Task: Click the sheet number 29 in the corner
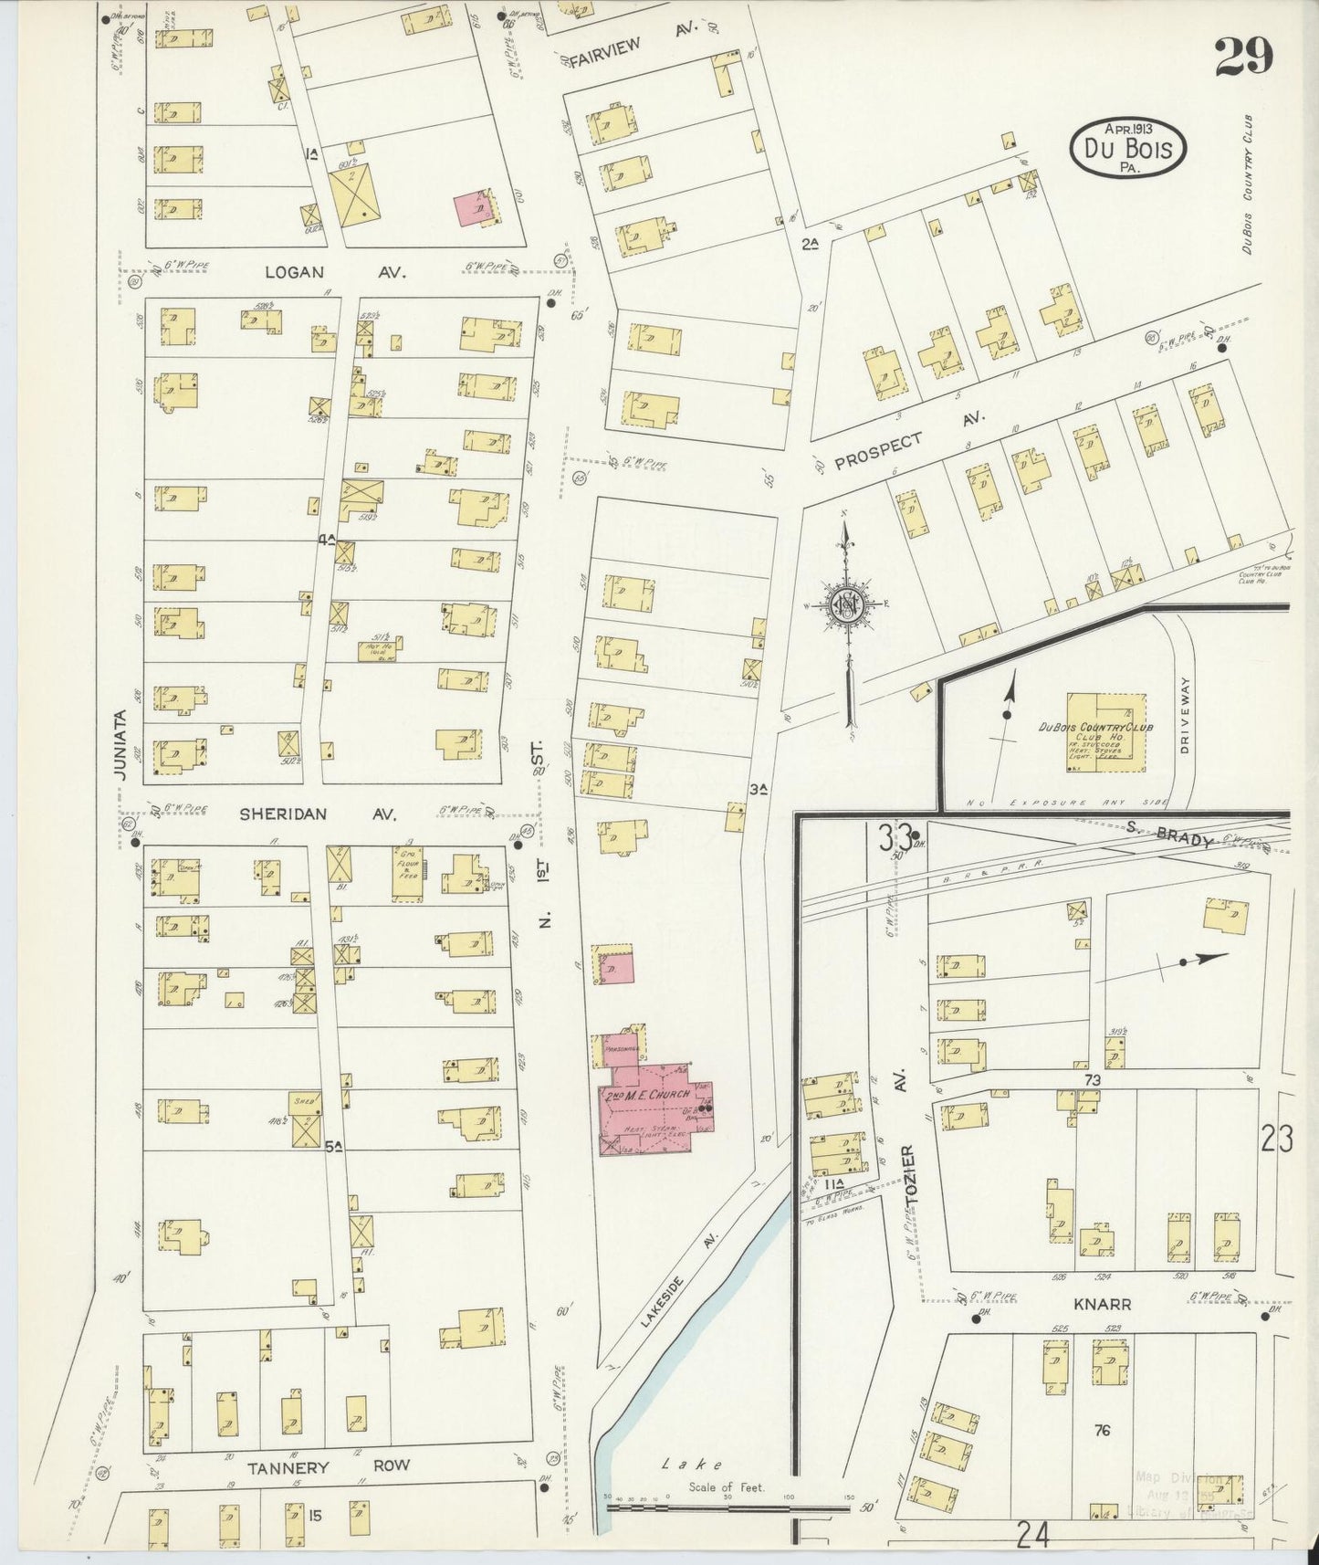coord(1242,58)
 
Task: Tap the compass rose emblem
coord(847,604)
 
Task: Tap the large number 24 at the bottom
coord(1032,1536)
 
